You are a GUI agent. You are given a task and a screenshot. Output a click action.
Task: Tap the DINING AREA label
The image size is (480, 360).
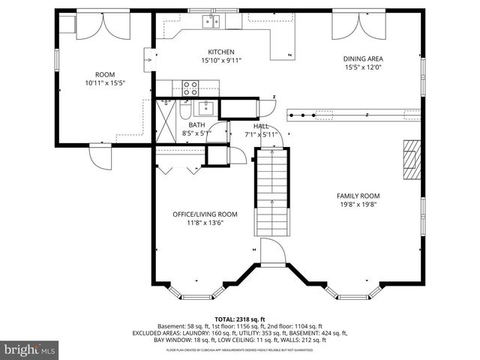363,58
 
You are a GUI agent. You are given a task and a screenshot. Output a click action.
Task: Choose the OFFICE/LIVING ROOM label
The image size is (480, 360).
199,214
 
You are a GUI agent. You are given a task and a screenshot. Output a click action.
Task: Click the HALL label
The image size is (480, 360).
261,126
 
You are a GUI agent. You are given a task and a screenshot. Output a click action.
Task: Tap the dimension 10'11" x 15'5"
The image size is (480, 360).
104,83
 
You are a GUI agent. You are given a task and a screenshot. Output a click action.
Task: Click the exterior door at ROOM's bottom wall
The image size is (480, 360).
100,156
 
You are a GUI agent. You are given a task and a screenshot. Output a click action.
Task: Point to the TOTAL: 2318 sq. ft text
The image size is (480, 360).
240,319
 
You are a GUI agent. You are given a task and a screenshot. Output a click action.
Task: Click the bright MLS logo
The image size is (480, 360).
31,349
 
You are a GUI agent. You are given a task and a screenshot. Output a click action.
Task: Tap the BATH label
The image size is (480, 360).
196,125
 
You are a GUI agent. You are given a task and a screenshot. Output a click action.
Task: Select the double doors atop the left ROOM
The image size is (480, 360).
103,23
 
